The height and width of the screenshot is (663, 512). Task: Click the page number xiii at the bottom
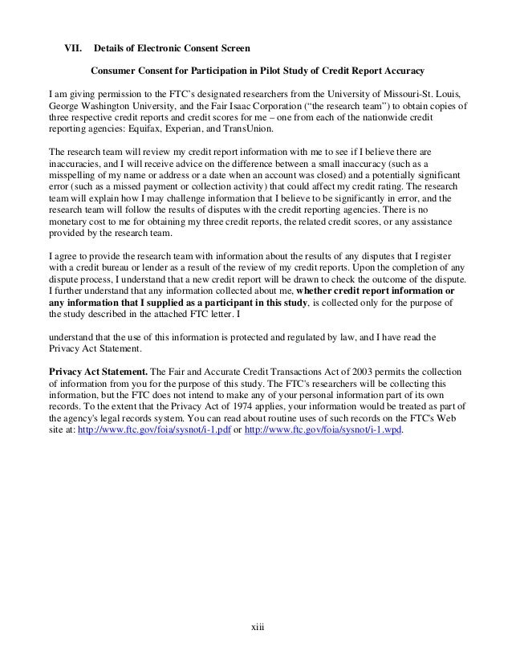257,635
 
